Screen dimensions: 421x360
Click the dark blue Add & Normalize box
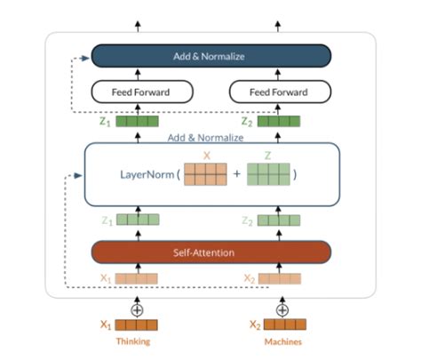coord(210,56)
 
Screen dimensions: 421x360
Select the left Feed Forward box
coord(142,92)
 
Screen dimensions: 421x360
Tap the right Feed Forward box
coord(280,92)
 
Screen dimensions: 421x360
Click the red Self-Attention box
coord(210,252)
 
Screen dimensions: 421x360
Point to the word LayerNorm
coord(147,174)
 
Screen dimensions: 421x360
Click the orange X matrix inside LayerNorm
coord(205,174)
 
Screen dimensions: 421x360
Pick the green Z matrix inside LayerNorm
coord(268,174)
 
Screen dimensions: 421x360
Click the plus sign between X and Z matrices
coord(236,173)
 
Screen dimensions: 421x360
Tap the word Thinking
coord(133,341)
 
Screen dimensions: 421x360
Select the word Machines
coord(283,341)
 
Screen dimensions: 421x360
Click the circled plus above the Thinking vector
coord(137,310)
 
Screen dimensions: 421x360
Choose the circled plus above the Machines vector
coord(282,310)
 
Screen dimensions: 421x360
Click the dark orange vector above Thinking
coord(136,325)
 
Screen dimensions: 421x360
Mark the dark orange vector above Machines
coord(285,324)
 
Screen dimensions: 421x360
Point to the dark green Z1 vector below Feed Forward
coord(137,121)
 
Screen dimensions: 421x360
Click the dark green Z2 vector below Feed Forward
coord(279,121)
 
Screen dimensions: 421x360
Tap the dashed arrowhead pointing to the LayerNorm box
coord(78,176)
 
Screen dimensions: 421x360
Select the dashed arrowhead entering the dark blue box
coord(84,59)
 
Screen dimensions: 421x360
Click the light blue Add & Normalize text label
coord(205,138)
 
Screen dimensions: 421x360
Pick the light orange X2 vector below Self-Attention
coord(280,279)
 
